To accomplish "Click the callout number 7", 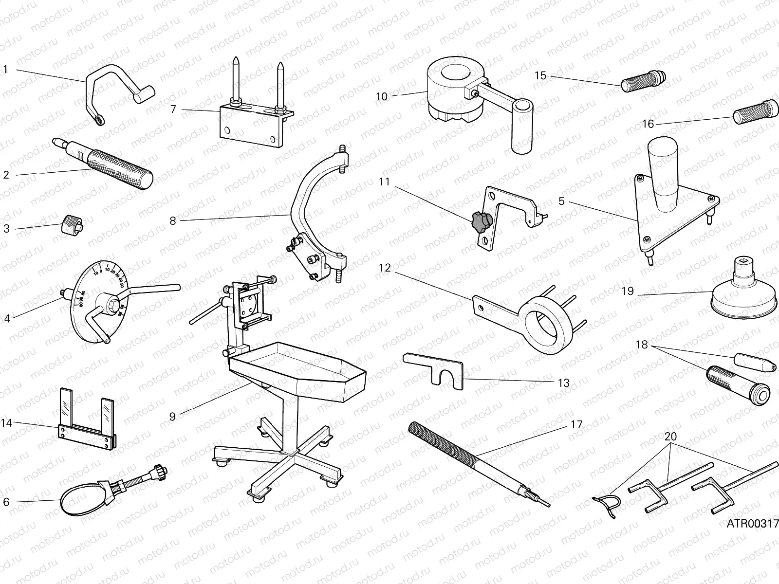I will [173, 109].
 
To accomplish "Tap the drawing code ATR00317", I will [752, 524].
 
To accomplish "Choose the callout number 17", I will [576, 424].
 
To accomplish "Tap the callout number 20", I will [670, 437].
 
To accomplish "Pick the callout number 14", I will [6, 423].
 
